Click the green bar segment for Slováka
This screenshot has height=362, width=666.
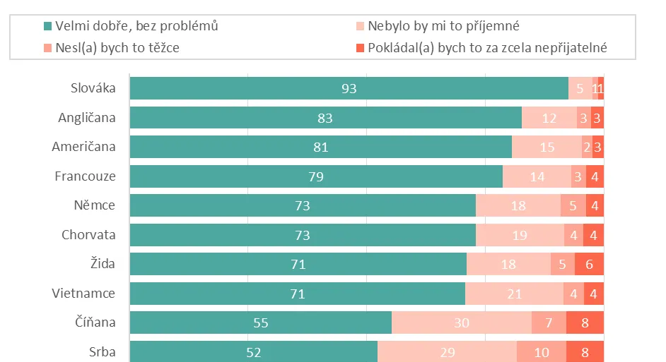349,89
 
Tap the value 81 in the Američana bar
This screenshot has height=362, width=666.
320,147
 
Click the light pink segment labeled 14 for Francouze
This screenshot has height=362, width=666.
537,176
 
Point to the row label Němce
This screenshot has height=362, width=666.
94,206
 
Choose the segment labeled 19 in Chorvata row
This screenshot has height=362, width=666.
520,235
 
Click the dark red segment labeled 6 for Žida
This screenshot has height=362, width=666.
589,265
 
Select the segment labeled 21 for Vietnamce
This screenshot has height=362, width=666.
514,294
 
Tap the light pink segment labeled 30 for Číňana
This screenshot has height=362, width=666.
461,322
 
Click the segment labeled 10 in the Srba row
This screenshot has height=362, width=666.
541,351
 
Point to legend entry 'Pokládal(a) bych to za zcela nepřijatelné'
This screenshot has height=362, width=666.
487,48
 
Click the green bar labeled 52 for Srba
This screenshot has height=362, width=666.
253,351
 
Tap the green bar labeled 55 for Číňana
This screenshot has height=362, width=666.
260,322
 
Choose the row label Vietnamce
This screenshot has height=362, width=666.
83,293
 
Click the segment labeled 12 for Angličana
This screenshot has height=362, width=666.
549,119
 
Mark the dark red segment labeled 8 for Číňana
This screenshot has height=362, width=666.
585,322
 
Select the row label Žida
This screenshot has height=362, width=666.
103,264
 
